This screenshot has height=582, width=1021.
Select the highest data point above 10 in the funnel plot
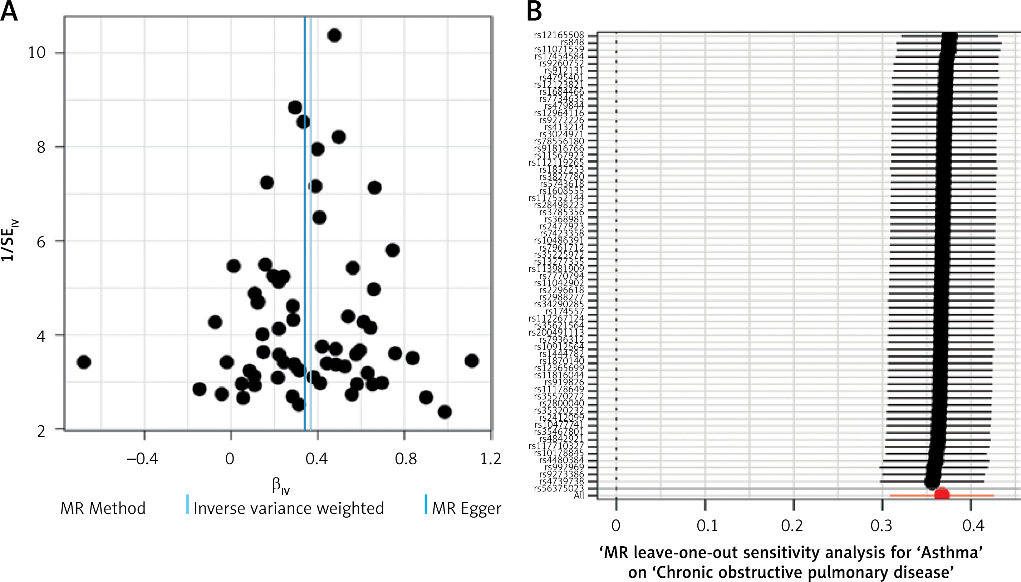(x=334, y=35)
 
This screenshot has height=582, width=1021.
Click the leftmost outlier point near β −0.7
(x=84, y=362)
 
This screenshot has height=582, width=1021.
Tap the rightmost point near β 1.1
(x=472, y=361)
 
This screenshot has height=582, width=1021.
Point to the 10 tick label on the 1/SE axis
(x=37, y=52)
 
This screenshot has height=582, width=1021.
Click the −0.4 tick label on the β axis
(x=142, y=459)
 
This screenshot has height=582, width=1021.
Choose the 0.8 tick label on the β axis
(x=406, y=459)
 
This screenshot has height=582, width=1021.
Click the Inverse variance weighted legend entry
(x=288, y=508)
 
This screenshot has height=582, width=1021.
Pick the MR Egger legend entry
(x=466, y=508)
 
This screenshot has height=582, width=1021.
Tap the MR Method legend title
(x=103, y=508)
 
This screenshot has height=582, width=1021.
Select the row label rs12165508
(x=559, y=35)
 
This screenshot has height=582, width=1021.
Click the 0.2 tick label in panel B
(x=792, y=525)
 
